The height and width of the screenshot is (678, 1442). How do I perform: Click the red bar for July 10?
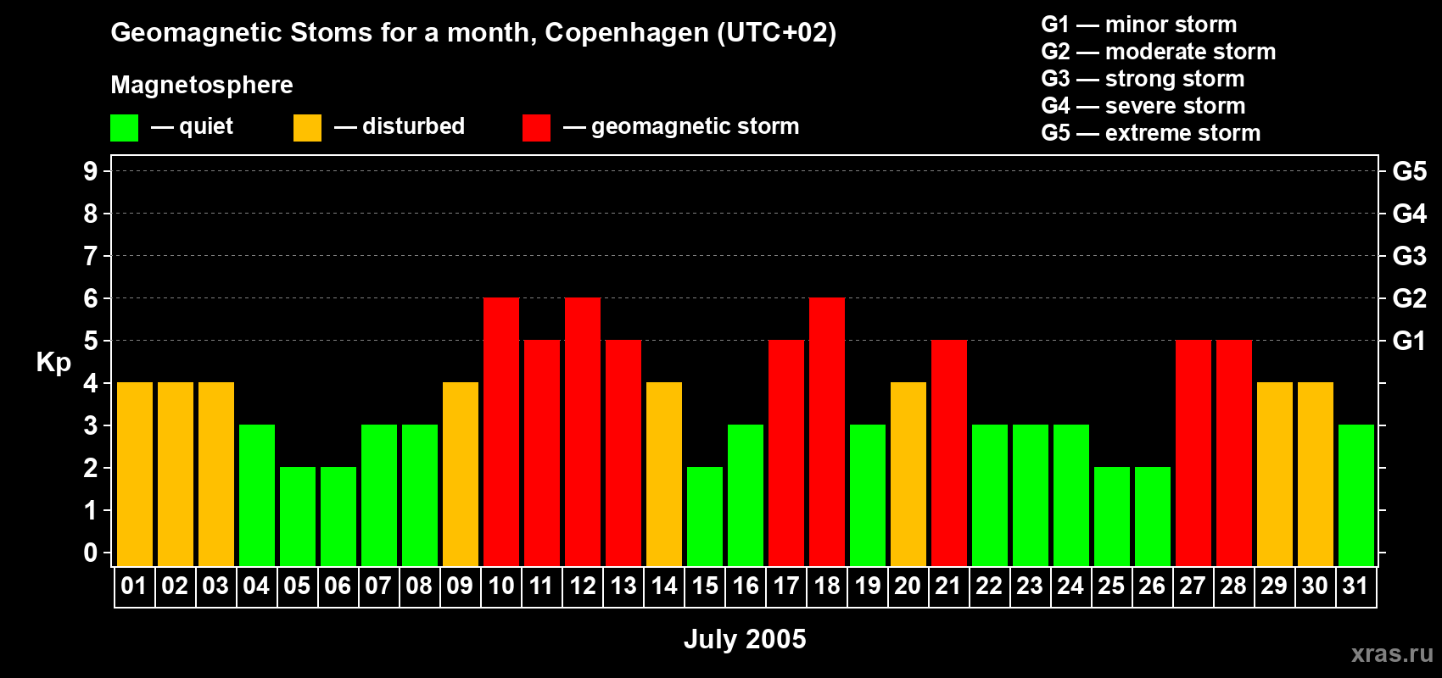[x=501, y=431]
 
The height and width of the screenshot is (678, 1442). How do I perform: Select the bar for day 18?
[x=827, y=431]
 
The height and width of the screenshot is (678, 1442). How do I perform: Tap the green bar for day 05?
[x=298, y=516]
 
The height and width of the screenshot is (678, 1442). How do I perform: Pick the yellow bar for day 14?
[x=664, y=474]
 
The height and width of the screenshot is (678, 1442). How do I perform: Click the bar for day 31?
[x=1356, y=495]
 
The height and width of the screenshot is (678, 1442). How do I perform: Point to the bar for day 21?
[x=949, y=453]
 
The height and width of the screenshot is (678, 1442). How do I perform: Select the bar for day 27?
[x=1193, y=453]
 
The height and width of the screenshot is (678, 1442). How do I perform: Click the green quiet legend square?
[x=125, y=128]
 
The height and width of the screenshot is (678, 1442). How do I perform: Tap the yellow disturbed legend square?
[x=307, y=128]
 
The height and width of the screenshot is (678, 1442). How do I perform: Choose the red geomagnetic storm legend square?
[x=536, y=128]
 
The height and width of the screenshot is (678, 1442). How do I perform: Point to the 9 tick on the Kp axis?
[x=91, y=171]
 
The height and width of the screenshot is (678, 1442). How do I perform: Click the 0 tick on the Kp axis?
[x=91, y=553]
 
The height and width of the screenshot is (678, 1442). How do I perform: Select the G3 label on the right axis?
[x=1409, y=256]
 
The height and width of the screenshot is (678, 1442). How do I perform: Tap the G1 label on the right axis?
[x=1409, y=341]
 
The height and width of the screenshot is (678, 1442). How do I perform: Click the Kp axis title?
[x=53, y=362]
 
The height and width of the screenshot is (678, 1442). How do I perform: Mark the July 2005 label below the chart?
[x=745, y=639]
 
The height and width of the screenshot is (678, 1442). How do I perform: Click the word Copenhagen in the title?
[x=626, y=33]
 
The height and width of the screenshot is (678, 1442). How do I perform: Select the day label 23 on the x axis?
[x=1030, y=586]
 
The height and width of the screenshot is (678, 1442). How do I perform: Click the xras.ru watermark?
[x=1392, y=653]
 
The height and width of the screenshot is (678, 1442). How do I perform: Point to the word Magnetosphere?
[x=202, y=85]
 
